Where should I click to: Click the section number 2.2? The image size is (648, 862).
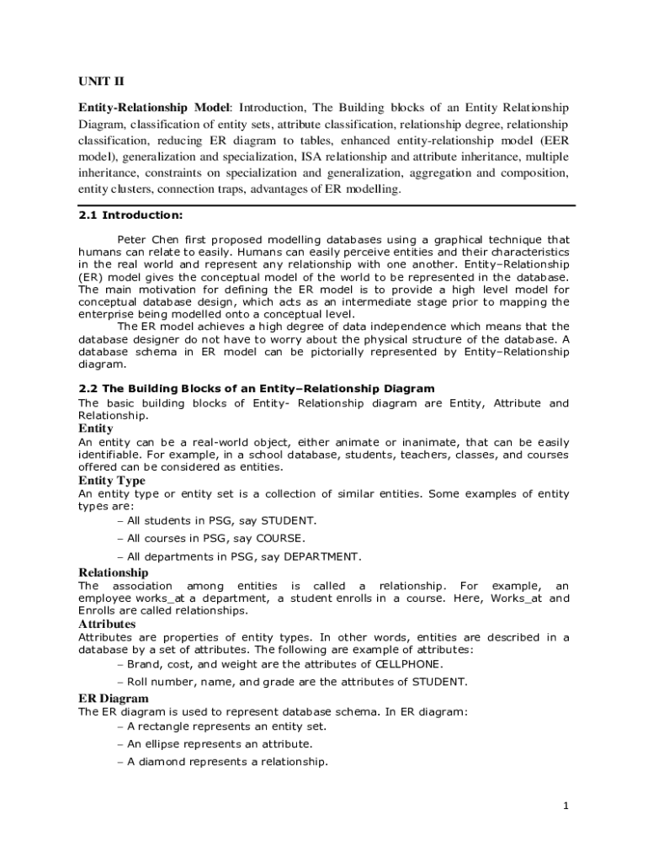[x=88, y=389]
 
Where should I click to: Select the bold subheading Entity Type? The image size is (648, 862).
[x=111, y=482]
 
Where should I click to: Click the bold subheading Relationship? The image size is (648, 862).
[x=113, y=572]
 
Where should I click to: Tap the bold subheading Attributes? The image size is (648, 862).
[x=107, y=625]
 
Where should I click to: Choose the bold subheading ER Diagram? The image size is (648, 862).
[x=114, y=699]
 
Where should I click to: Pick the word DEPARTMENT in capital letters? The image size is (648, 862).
[x=322, y=557]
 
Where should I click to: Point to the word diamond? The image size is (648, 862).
[x=164, y=762]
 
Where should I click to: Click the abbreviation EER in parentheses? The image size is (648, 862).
[x=552, y=141]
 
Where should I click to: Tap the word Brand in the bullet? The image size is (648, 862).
[x=143, y=664]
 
